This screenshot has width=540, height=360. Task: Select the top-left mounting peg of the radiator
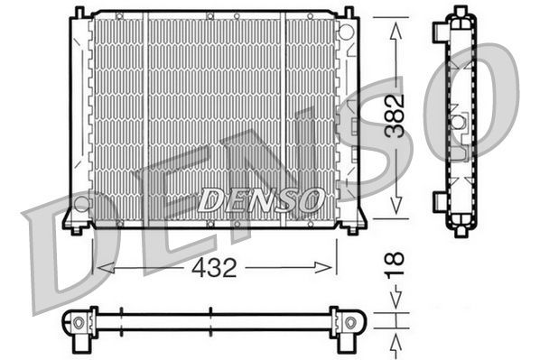coord(79,13)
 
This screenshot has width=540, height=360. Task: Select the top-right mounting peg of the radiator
coord(349,13)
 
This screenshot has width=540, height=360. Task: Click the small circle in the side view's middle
coord(458,121)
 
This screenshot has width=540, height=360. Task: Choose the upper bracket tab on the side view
coord(440,31)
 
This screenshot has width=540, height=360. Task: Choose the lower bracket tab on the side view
coord(440,199)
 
